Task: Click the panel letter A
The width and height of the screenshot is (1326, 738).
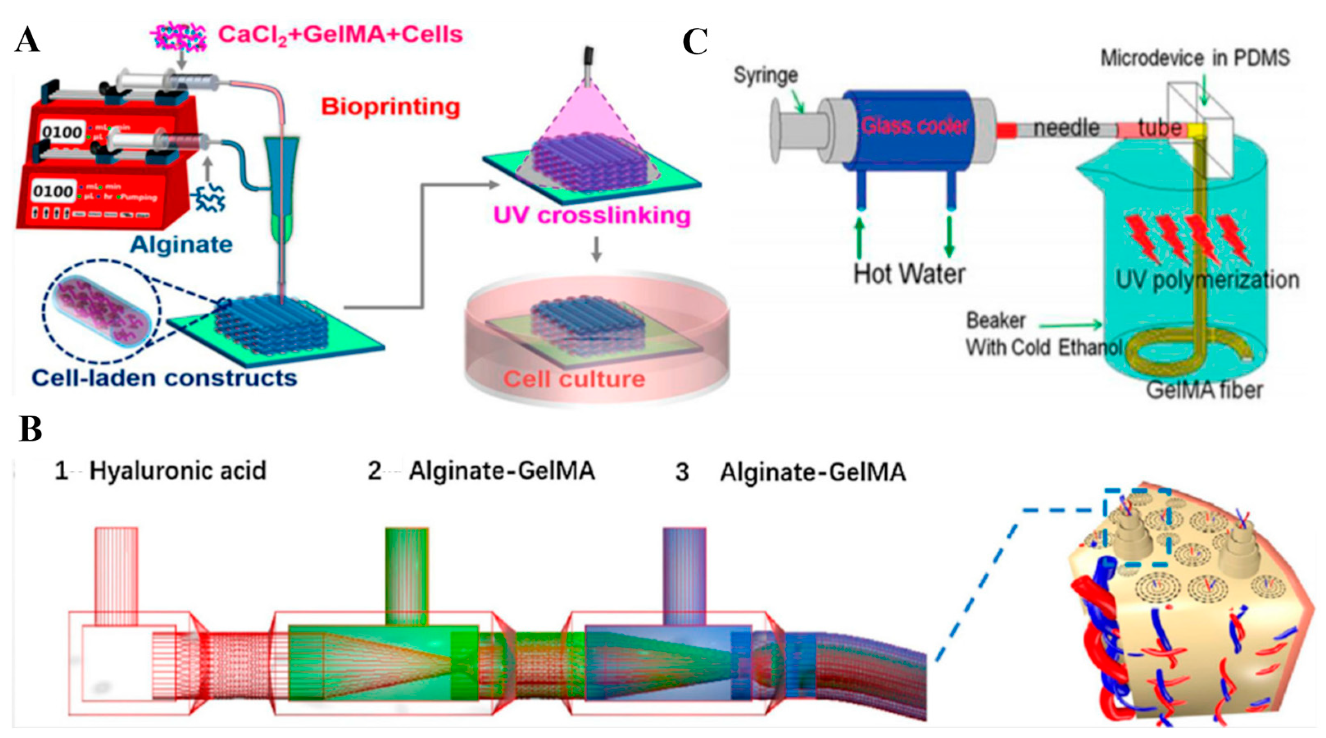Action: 27,40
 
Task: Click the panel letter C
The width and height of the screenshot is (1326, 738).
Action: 694,42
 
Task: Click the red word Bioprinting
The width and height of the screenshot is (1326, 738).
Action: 390,107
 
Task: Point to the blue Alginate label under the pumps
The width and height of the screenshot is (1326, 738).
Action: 181,244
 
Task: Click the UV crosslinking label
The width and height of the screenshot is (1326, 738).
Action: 592,215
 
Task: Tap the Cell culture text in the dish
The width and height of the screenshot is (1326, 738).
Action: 574,379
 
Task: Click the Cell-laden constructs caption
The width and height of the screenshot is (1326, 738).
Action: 165,378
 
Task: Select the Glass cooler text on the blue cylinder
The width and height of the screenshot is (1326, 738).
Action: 915,126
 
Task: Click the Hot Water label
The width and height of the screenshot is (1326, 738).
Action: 909,273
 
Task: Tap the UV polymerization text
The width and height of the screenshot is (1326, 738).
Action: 1207,279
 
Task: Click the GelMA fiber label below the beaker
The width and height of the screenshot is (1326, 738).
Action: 1204,390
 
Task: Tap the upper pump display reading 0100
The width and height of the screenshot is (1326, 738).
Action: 62,132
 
